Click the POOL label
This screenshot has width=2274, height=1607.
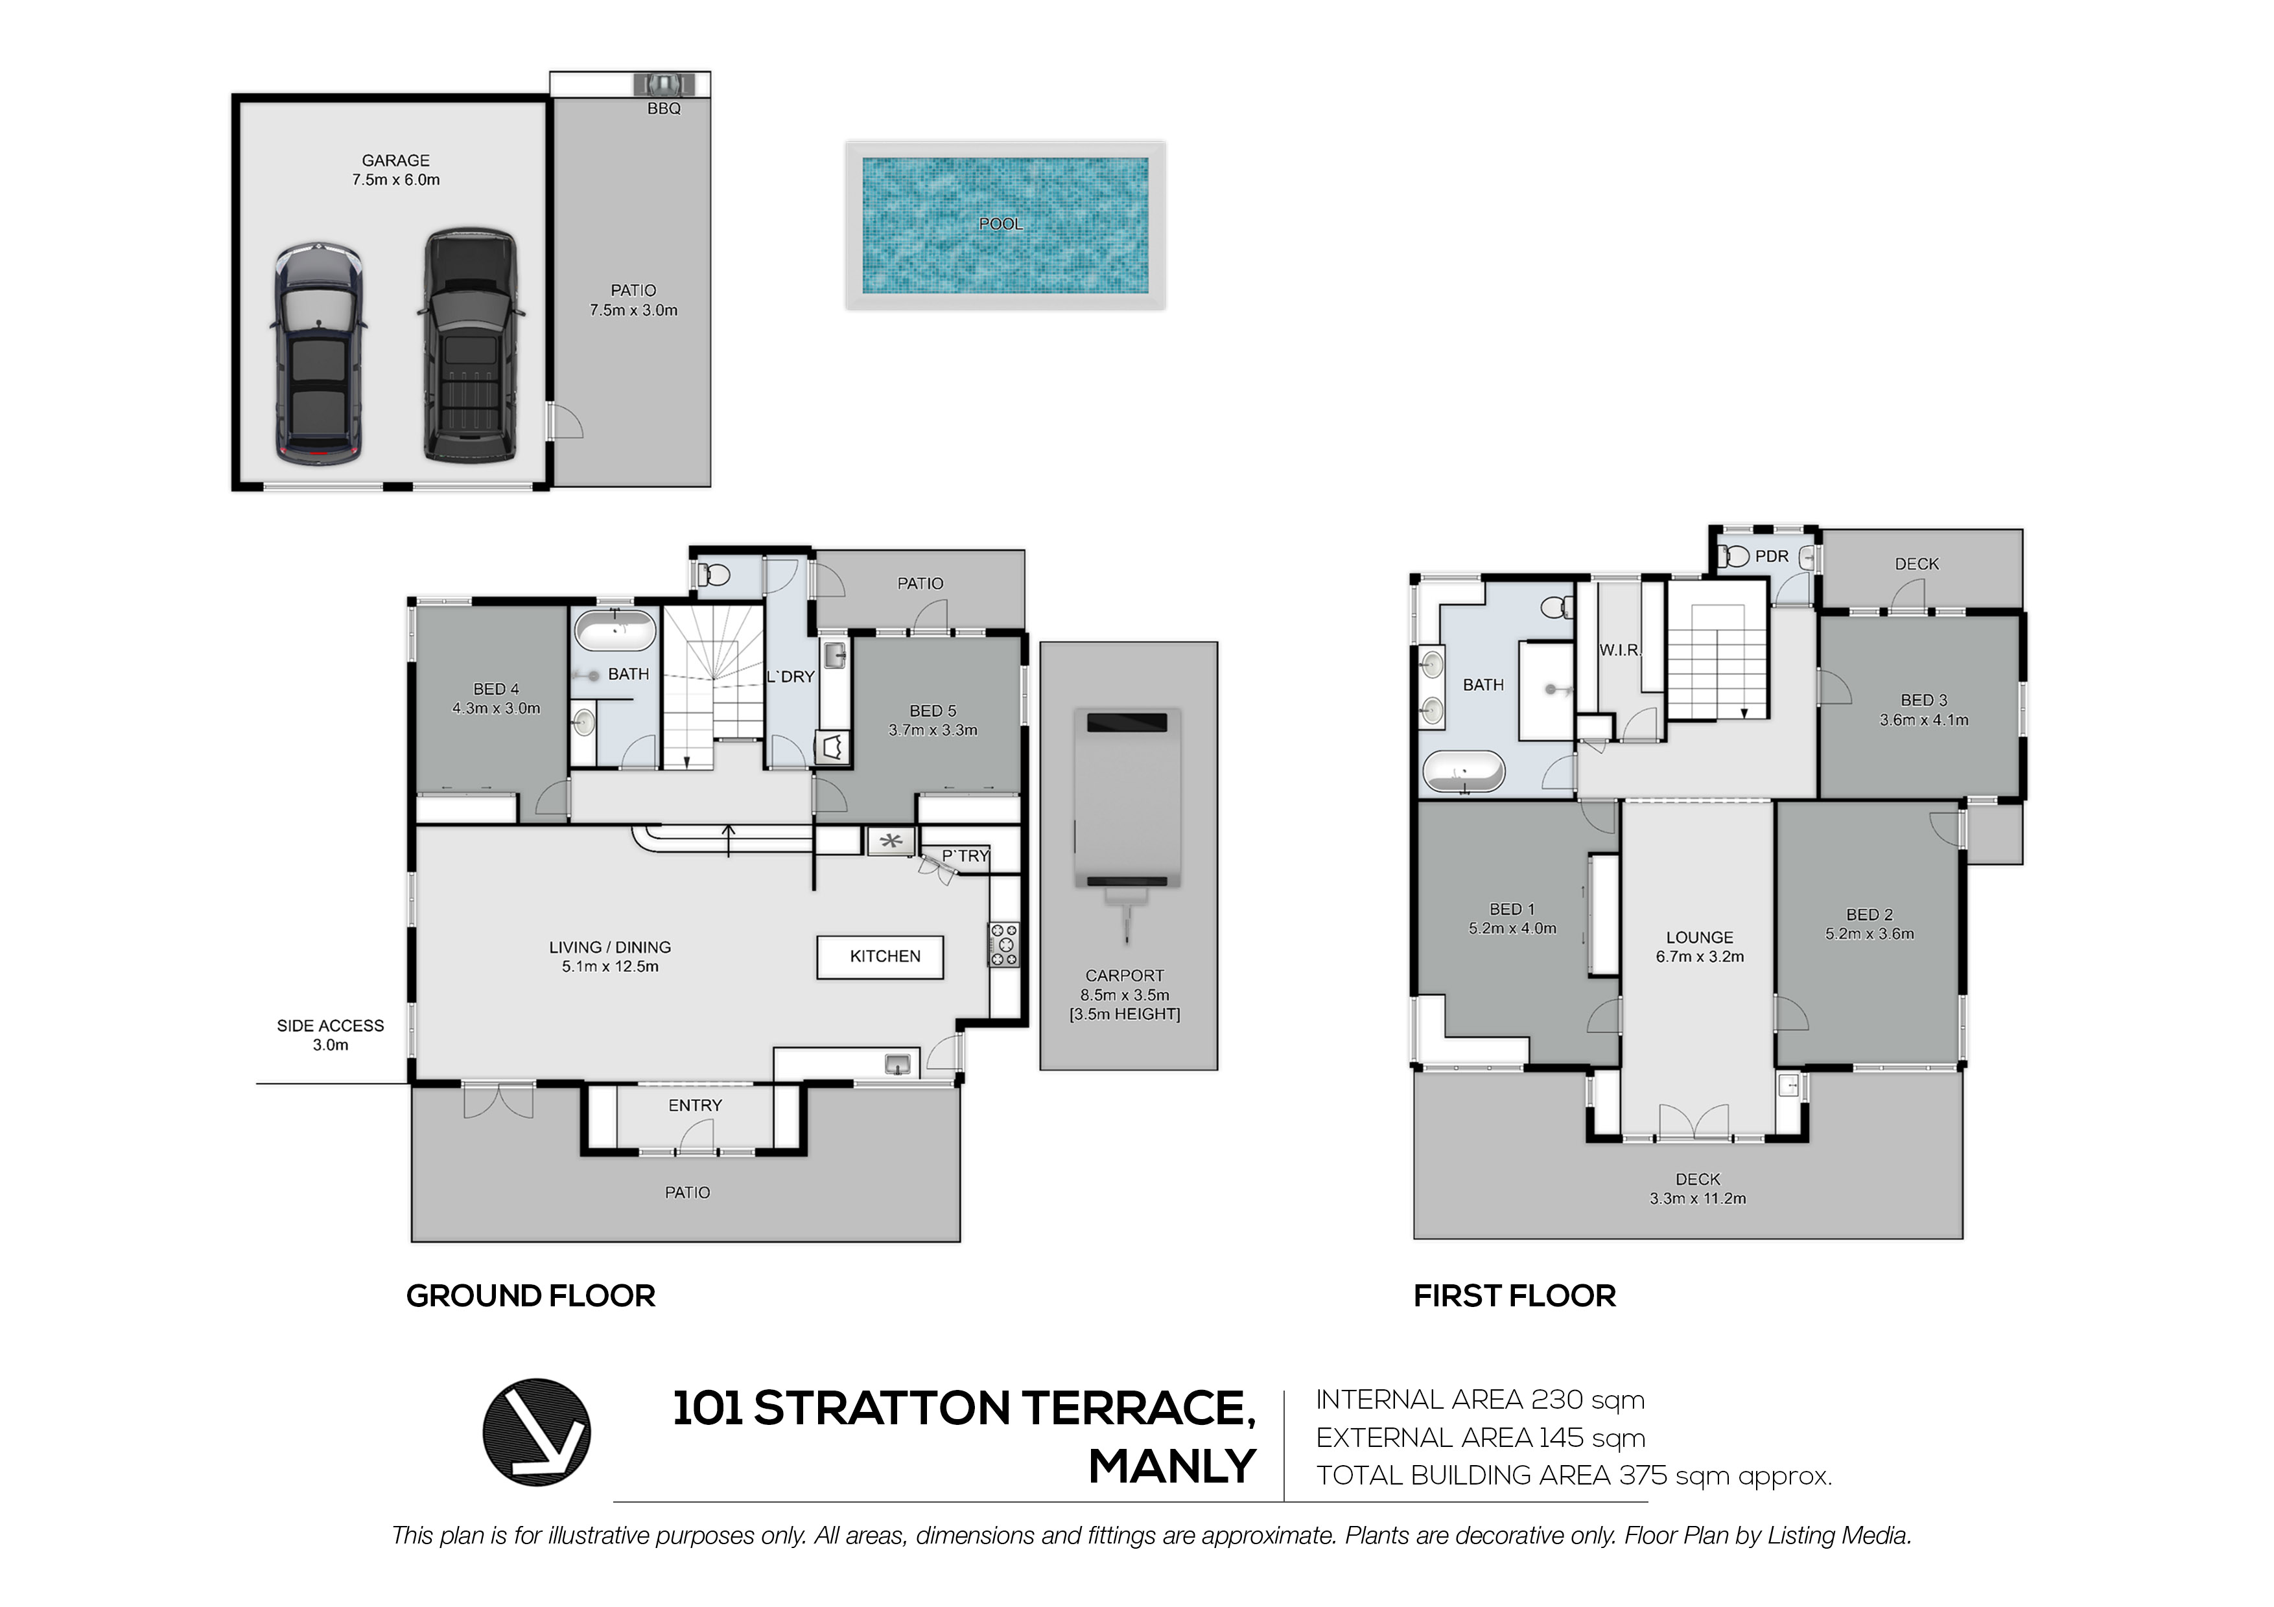pyautogui.click(x=1000, y=224)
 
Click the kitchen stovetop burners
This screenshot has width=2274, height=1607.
pyautogui.click(x=1003, y=945)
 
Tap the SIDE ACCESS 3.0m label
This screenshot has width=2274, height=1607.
pyautogui.click(x=330, y=1035)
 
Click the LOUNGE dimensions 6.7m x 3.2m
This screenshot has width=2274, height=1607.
pyautogui.click(x=1700, y=956)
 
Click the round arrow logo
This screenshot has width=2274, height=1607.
pyautogui.click(x=536, y=1432)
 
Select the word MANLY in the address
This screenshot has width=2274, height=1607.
pyautogui.click(x=1173, y=1466)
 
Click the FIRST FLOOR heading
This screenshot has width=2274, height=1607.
pyautogui.click(x=1514, y=1296)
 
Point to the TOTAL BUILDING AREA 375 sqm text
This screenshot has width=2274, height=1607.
pyautogui.click(x=1574, y=1476)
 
